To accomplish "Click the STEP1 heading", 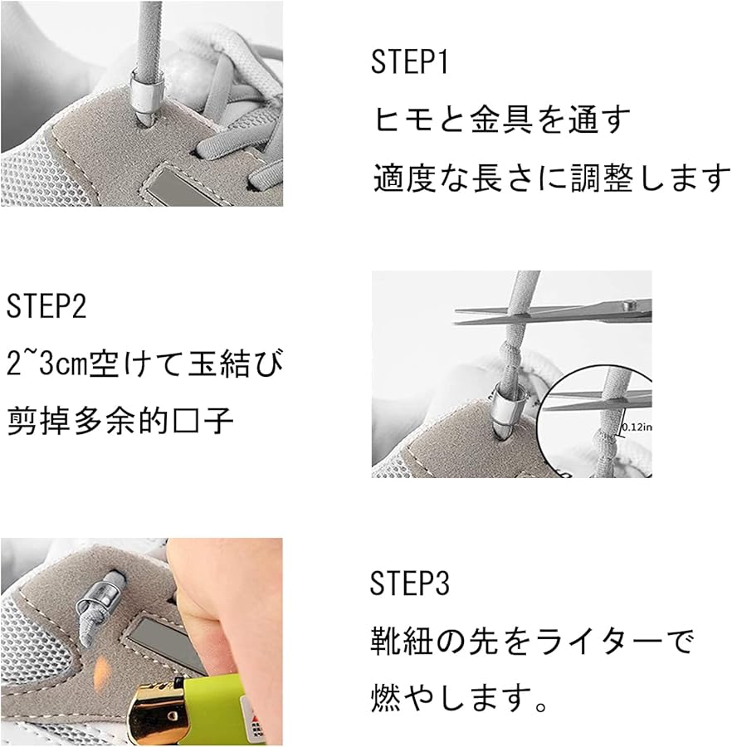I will (x=410, y=62).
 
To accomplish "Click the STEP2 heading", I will (x=46, y=306).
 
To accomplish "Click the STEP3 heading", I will (x=410, y=584).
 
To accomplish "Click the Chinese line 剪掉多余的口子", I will (x=120, y=421).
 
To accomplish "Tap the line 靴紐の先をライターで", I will (x=531, y=641).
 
